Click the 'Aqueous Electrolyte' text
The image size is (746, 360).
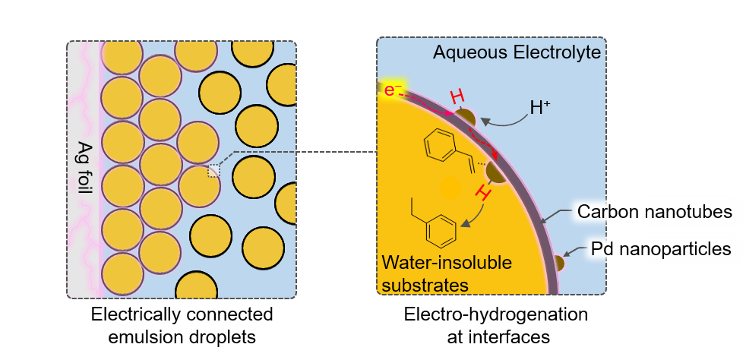coord(517,53)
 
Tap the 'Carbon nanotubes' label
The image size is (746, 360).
coord(655,212)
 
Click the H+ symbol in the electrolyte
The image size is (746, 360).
coord(541,109)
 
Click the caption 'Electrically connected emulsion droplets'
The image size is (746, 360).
coord(182,323)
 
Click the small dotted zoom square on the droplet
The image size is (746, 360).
coord(213,171)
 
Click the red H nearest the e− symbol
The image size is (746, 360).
coord(457,97)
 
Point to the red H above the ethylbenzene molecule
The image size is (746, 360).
coord(481,194)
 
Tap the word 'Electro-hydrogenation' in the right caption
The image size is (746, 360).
coord(495,314)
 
